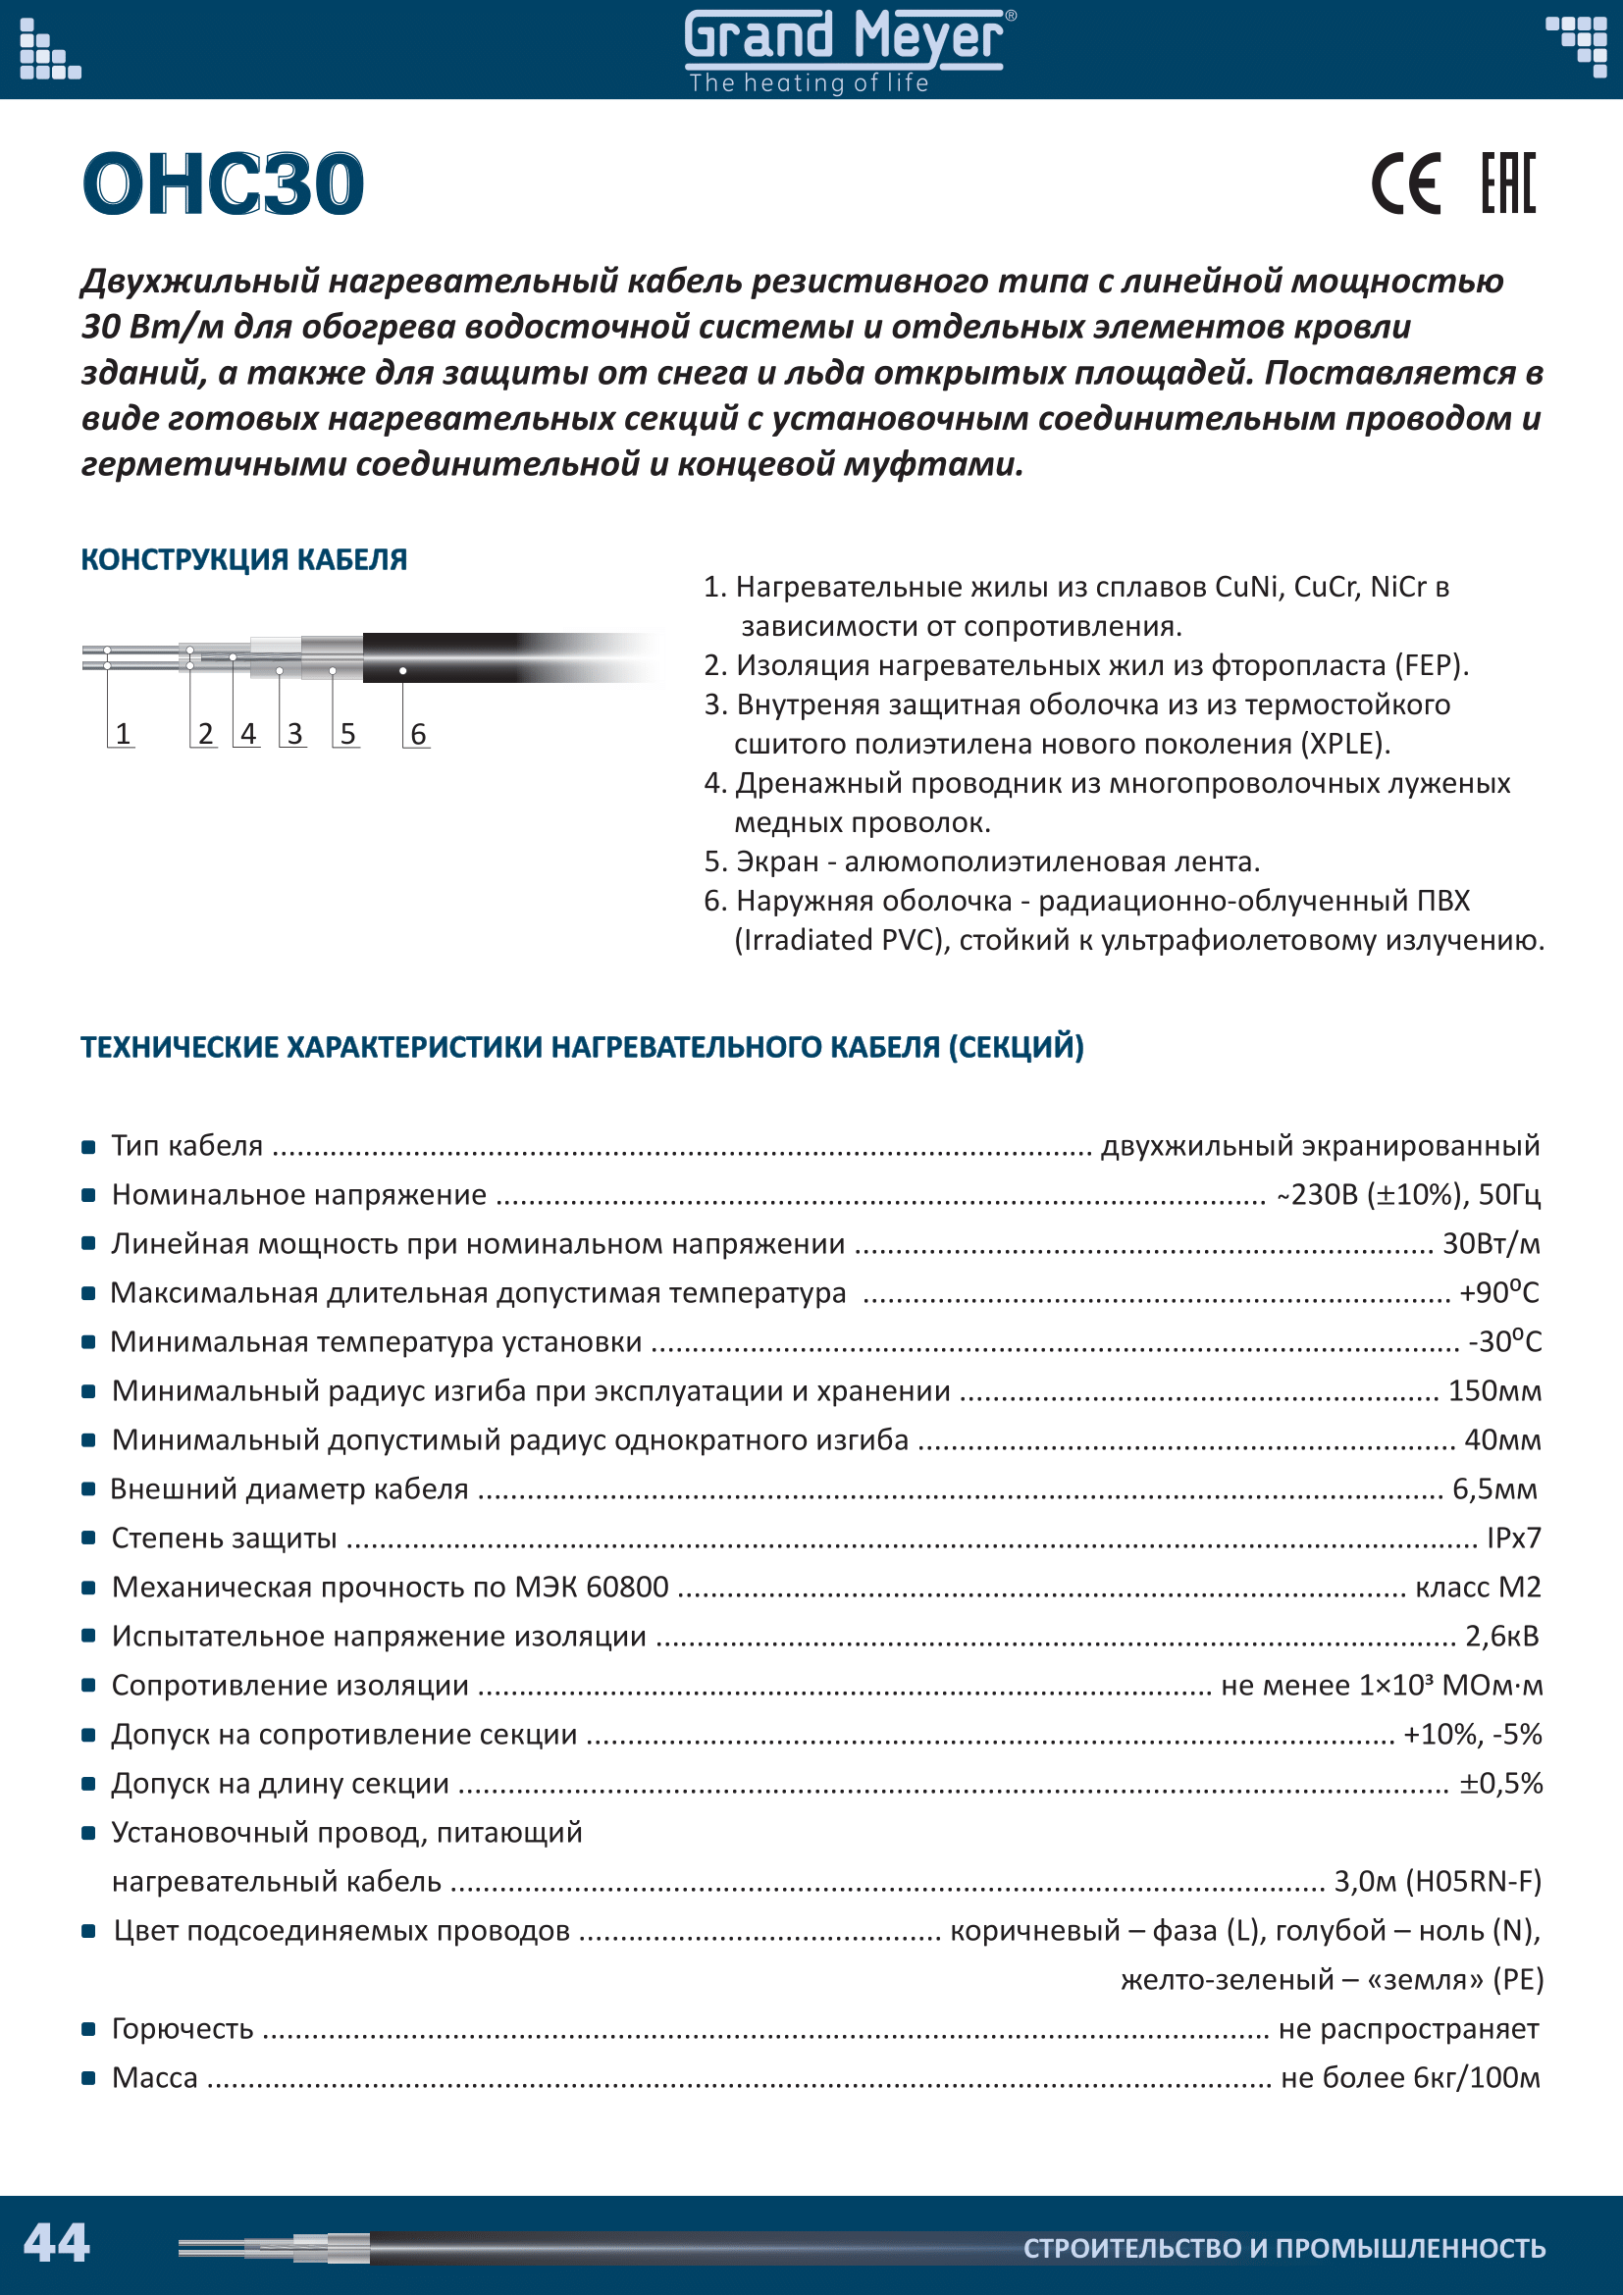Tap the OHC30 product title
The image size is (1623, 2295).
click(223, 184)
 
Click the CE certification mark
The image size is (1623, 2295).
click(1405, 184)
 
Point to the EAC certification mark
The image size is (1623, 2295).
click(1508, 183)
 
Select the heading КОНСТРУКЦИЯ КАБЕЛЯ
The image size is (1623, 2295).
click(244, 559)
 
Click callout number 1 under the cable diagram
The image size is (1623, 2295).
click(123, 735)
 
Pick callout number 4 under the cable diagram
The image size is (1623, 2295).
click(248, 735)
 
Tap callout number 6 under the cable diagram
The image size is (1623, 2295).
click(419, 735)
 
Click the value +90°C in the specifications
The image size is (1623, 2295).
click(1499, 1293)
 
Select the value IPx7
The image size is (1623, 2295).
click(1514, 1539)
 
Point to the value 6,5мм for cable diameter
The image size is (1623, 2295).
click(1495, 1489)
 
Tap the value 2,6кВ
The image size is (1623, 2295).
click(1502, 1637)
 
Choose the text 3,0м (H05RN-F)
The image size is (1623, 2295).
click(1439, 1882)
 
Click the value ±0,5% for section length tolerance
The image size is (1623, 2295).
click(1501, 1783)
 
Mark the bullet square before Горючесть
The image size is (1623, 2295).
click(89, 2029)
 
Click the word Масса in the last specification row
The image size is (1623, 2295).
click(155, 2078)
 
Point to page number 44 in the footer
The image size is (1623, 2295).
click(57, 2242)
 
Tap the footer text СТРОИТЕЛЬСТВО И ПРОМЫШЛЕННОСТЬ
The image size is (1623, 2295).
click(1284, 2248)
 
